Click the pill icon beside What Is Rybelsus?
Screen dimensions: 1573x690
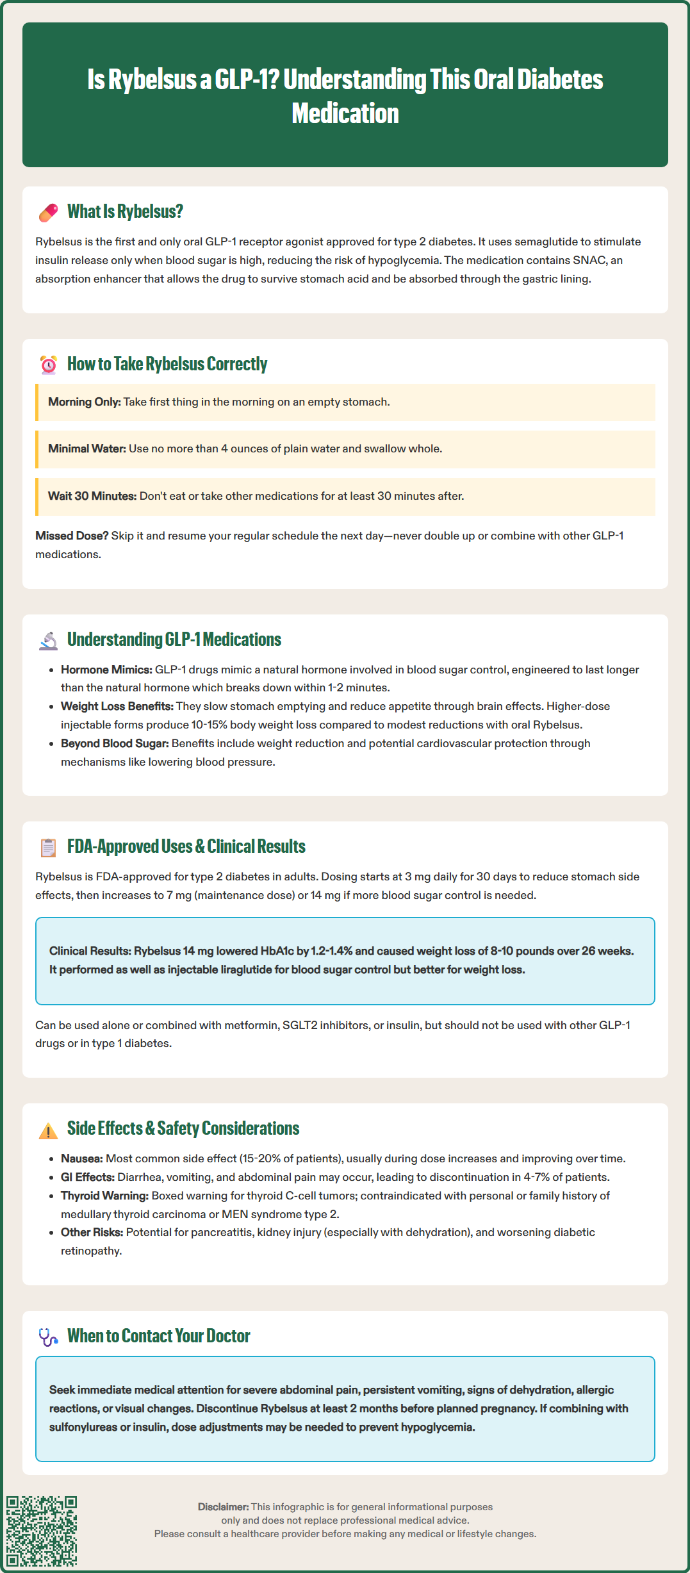click(48, 213)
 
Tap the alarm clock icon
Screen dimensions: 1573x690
click(48, 365)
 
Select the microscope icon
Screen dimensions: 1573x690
click(48, 641)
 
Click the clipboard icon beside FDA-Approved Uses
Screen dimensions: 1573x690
click(48, 847)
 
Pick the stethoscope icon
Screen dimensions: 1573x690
click(48, 1337)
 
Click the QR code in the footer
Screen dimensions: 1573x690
click(42, 1531)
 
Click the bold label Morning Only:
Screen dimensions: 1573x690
click(85, 402)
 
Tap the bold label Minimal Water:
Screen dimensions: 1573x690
click(87, 449)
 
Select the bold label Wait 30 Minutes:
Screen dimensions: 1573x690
click(92, 496)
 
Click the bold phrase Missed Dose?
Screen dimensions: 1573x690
click(72, 536)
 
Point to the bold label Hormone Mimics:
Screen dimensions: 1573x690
click(106, 670)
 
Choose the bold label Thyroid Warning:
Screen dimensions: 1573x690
click(104, 1196)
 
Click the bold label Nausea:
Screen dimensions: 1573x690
click(82, 1158)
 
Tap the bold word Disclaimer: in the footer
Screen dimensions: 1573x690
click(223, 1506)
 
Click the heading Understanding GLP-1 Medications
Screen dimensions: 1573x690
click(174, 639)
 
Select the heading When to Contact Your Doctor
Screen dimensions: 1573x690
click(159, 1336)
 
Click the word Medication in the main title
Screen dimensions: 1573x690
click(345, 113)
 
